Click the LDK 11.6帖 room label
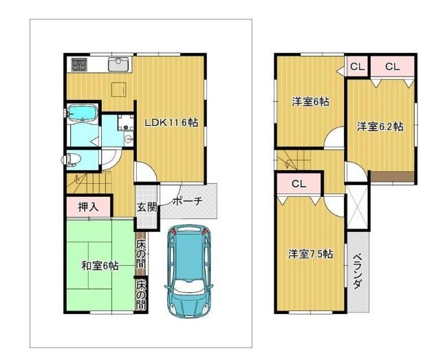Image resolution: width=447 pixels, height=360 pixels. pyautogui.click(x=171, y=123)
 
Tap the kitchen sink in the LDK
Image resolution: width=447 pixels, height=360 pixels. pyautogui.click(x=119, y=64)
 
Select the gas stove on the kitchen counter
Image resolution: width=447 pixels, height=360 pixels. pyautogui.click(x=79, y=65)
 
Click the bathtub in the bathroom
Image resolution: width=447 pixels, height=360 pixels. pyautogui.click(x=82, y=112)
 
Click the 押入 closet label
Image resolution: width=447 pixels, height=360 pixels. pyautogui.click(x=89, y=207)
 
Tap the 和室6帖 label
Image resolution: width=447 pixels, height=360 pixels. pyautogui.click(x=100, y=266)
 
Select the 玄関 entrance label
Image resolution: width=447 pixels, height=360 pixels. pyautogui.click(x=146, y=207)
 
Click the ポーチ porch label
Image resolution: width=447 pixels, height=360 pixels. pyautogui.click(x=188, y=202)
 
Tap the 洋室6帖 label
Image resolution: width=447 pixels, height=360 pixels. pyautogui.click(x=310, y=102)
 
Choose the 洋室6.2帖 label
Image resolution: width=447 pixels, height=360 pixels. pyautogui.click(x=380, y=127)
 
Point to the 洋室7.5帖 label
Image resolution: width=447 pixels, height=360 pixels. pyautogui.click(x=310, y=254)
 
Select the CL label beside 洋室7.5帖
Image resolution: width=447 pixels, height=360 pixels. pyautogui.click(x=298, y=184)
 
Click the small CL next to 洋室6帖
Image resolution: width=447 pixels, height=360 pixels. pyautogui.click(x=358, y=67)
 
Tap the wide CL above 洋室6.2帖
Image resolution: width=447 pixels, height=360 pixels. pyautogui.click(x=392, y=67)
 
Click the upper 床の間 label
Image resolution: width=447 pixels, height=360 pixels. pyautogui.click(x=140, y=254)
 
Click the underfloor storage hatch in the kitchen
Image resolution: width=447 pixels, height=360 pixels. pyautogui.click(x=119, y=89)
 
